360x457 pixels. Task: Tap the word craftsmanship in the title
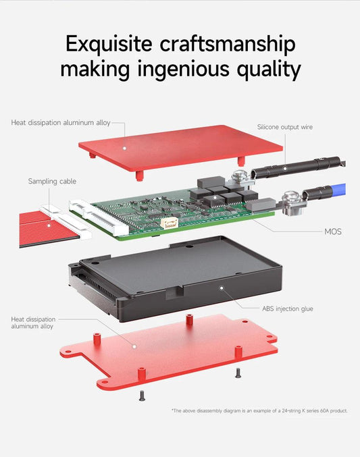coord(228,45)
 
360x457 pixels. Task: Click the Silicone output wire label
coord(284,127)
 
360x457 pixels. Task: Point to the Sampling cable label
coord(52,181)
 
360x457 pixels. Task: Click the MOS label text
coord(333,232)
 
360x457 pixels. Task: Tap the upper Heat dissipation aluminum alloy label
coord(60,123)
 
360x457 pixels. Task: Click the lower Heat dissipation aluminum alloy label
coord(33,323)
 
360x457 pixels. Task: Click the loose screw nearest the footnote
coord(238,372)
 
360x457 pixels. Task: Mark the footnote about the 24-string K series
coord(259,410)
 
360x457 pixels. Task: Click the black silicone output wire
coord(297,166)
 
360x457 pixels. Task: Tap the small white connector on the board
coord(169,222)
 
